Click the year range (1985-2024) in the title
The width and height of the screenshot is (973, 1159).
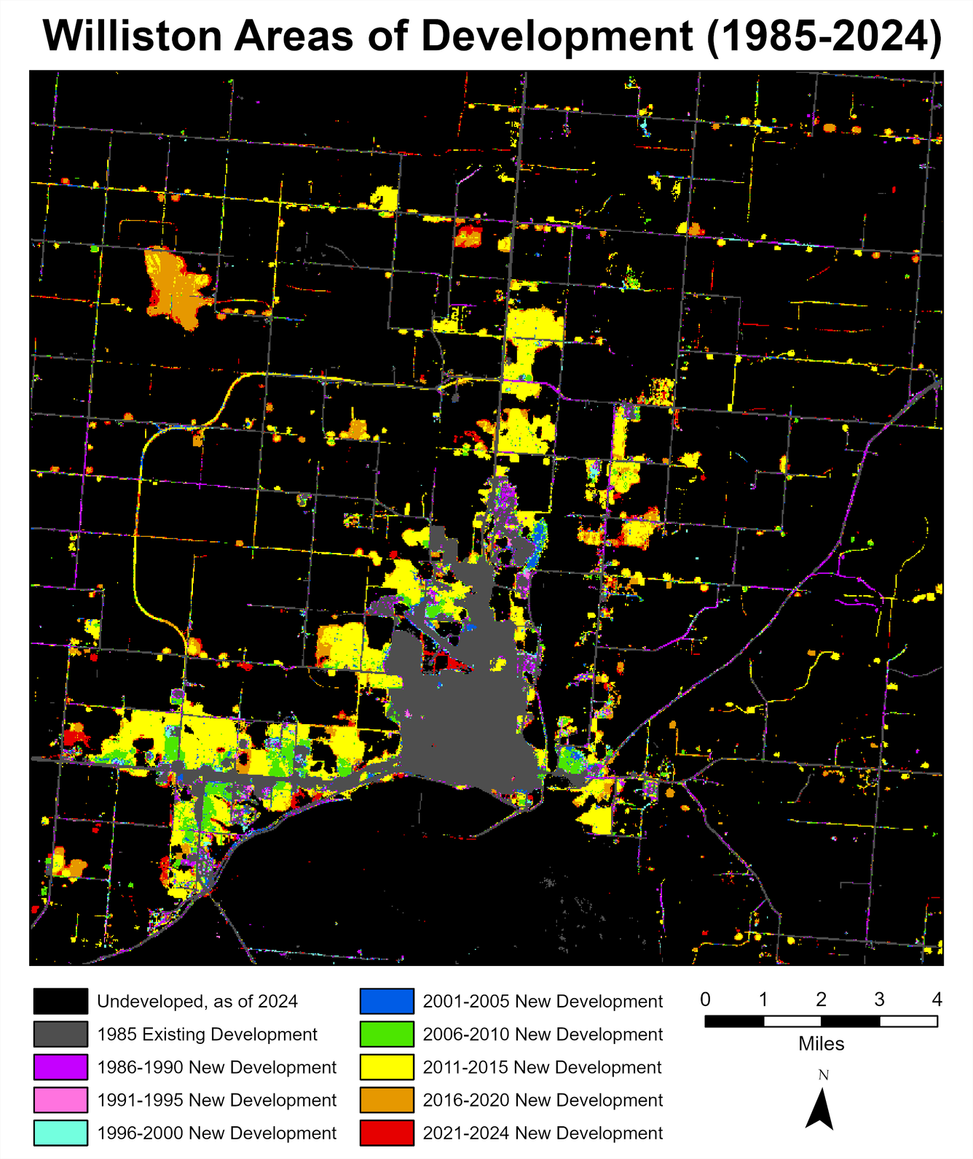(824, 35)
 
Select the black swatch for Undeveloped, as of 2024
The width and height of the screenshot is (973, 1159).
(60, 1001)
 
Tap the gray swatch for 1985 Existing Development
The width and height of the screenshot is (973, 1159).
(60, 1034)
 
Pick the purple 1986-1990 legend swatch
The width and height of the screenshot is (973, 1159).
(60, 1067)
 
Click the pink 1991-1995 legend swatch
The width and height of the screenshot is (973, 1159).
(60, 1100)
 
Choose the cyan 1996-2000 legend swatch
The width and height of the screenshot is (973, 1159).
(60, 1133)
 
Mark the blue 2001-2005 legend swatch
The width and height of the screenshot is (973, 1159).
(387, 1001)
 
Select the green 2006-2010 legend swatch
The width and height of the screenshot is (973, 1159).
(387, 1034)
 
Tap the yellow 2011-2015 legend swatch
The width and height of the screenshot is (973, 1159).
(387, 1067)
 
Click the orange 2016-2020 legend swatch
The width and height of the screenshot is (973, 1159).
(387, 1100)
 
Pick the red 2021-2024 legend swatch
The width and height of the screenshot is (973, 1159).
(387, 1133)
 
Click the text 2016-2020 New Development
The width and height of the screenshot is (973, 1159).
(543, 1100)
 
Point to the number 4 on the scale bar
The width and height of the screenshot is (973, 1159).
(937, 999)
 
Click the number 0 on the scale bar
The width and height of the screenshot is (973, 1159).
(705, 999)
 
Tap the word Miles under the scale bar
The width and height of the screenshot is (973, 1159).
(821, 1044)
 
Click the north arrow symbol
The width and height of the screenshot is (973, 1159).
(821, 1109)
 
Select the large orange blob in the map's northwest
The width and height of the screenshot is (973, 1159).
(175, 288)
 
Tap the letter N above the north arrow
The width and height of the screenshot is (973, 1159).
(823, 1075)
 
